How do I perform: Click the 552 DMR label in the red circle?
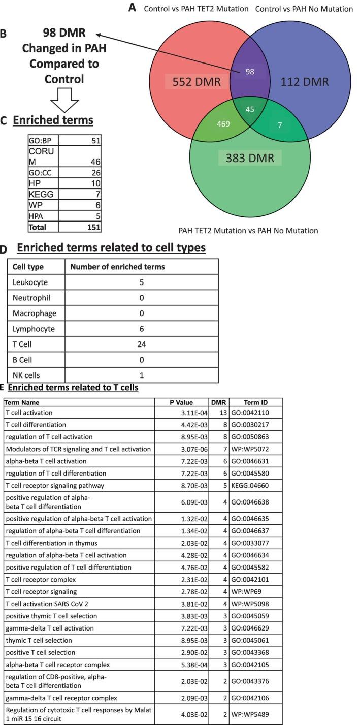coord(195,82)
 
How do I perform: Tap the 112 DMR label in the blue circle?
coord(305,82)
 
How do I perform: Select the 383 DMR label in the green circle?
coord(250,158)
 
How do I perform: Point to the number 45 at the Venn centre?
coord(249,110)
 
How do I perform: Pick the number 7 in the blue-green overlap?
coord(280,124)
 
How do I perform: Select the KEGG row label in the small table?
coord(41,194)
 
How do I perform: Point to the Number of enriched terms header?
coord(117,267)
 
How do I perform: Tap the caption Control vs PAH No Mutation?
coord(304,9)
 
